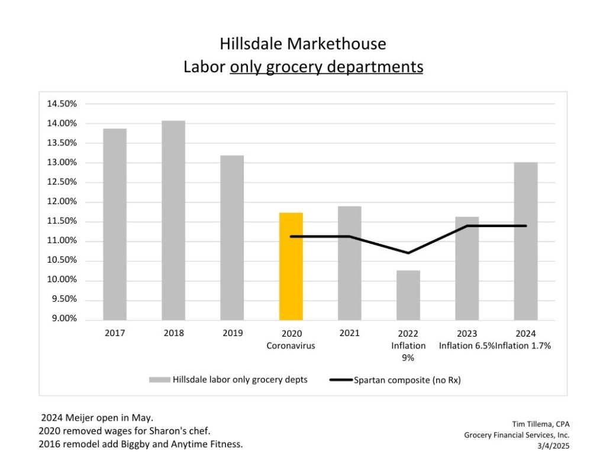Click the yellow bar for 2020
point(291,266)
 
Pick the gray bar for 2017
point(115,224)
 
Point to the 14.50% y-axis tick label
point(62,104)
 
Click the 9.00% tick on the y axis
point(62,319)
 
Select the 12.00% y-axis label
point(62,202)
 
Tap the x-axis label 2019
point(233,333)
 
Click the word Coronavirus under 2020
point(291,346)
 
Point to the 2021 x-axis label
point(349,333)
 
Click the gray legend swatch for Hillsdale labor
point(159,380)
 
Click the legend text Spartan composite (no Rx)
point(407,380)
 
